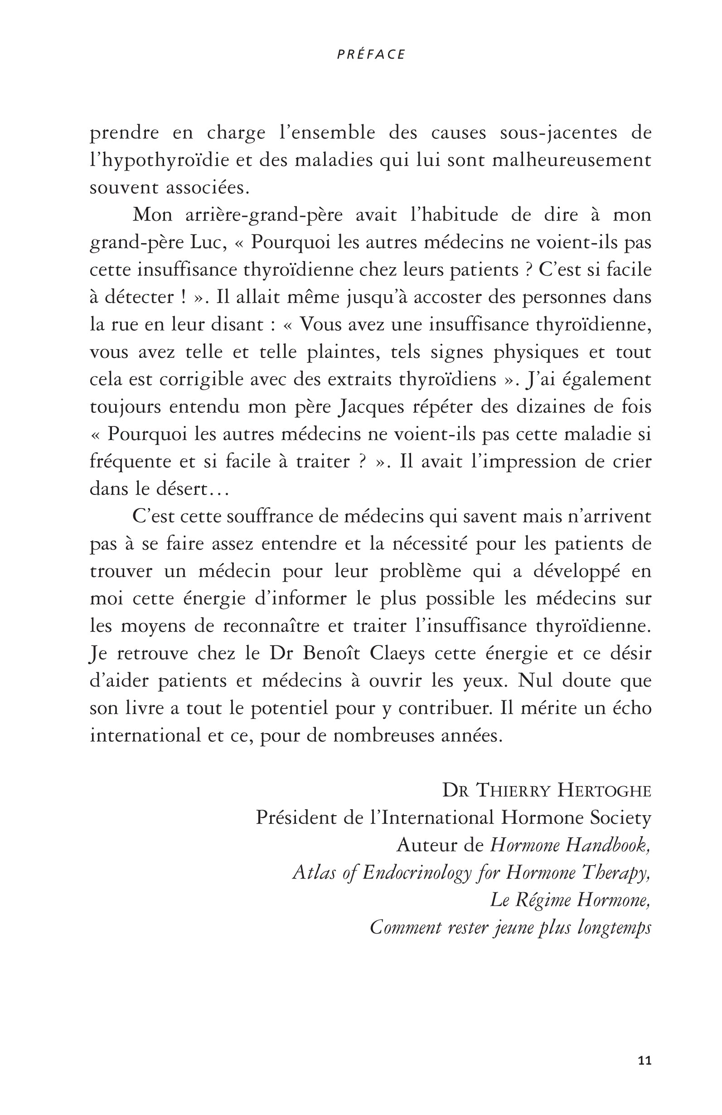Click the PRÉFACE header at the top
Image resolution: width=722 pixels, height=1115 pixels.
(x=371, y=55)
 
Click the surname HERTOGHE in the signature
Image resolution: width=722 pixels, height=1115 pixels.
(x=604, y=790)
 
